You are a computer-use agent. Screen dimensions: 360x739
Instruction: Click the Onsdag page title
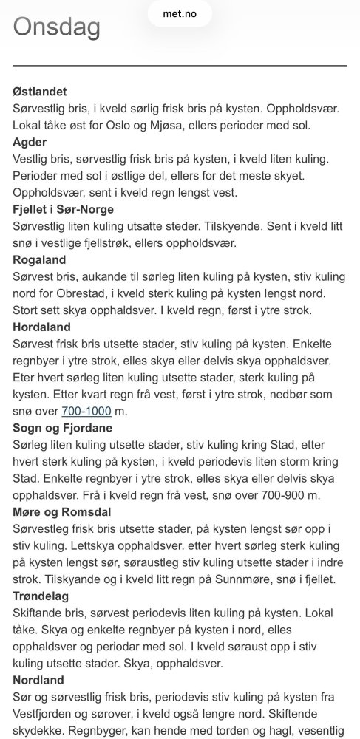[x=57, y=28]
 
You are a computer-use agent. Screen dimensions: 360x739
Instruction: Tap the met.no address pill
[x=180, y=13]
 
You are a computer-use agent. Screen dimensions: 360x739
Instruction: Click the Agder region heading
[x=30, y=143]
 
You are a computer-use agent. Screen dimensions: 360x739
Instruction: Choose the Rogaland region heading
[x=40, y=260]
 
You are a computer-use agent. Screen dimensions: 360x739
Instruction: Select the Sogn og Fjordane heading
[x=64, y=428]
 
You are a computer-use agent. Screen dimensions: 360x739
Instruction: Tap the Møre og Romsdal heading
[x=64, y=511]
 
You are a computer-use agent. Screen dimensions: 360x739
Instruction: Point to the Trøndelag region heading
[x=41, y=596]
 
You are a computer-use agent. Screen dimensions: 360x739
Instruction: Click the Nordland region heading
[x=38, y=679]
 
